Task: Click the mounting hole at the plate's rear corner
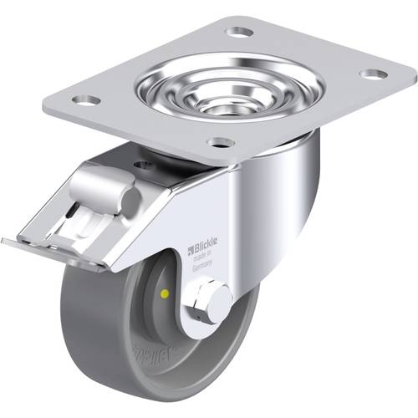240,32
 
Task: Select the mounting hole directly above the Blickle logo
221,143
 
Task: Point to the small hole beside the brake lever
143,165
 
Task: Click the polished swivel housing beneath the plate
293,159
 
